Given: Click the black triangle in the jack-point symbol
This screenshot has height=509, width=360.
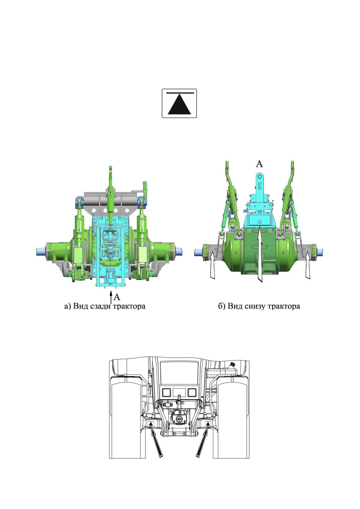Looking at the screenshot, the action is click(x=179, y=105).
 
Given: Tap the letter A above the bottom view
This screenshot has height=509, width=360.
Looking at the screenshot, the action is click(x=259, y=164).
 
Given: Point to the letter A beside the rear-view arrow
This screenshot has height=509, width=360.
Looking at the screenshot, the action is click(x=117, y=297).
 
